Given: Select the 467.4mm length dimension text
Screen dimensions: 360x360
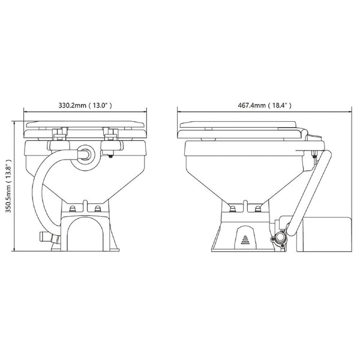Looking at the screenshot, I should pyautogui.click(x=265, y=106).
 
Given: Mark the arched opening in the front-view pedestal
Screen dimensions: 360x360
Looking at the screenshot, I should pyautogui.click(x=85, y=234).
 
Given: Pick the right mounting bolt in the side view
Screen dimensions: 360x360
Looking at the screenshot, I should pyautogui.click(x=259, y=208).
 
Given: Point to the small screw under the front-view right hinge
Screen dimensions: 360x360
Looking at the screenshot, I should pyautogui.click(x=114, y=156).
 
